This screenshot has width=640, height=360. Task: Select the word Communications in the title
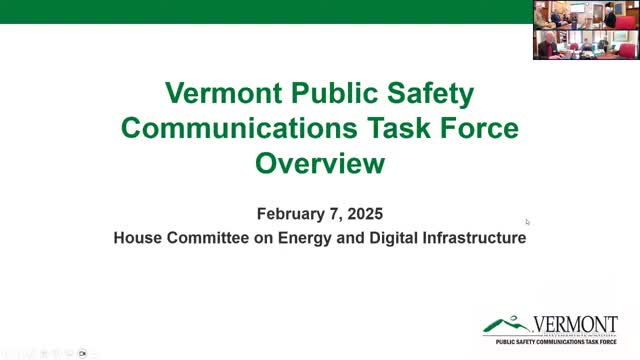(244, 129)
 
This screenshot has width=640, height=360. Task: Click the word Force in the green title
(475, 129)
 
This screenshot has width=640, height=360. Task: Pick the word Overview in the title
(320, 163)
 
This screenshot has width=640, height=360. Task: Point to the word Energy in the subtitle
(290, 239)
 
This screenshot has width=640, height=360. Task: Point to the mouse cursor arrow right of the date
(527, 222)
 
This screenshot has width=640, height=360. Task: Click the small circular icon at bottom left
(83, 353)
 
